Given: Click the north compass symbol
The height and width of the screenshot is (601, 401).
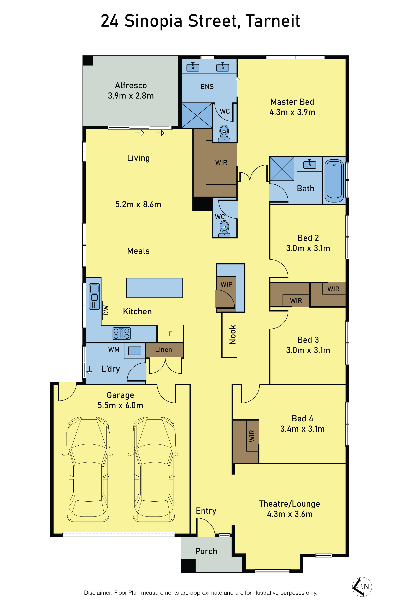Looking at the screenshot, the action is (x=362, y=587).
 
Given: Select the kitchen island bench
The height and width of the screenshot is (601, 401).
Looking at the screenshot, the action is (x=155, y=288).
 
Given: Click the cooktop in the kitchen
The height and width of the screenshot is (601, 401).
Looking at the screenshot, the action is (x=122, y=333).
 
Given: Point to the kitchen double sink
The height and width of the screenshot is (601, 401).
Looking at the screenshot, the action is (x=94, y=296).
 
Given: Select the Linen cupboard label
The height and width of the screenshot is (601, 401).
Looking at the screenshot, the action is (x=163, y=350).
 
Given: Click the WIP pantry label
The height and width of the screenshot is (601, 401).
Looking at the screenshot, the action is (x=226, y=284).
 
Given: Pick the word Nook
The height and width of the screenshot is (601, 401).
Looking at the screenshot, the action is (x=232, y=335).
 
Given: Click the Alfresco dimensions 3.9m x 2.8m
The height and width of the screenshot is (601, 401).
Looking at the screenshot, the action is (x=131, y=96).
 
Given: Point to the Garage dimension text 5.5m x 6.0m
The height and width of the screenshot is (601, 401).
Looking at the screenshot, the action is (x=120, y=405).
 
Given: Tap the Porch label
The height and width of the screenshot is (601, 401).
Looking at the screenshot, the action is (x=206, y=551).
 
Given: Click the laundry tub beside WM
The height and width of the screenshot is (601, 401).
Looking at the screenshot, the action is (x=134, y=351).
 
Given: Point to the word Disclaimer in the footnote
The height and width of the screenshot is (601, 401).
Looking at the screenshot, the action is (x=98, y=593).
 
